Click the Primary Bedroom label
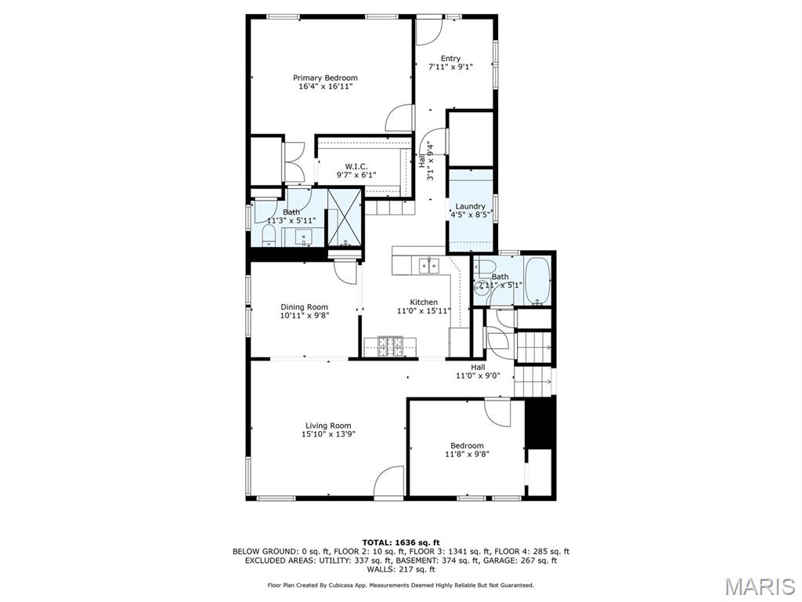[325, 78]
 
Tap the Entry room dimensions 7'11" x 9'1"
[450, 67]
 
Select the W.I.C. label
[356, 166]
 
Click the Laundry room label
[470, 206]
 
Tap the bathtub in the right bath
[537, 281]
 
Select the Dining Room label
[305, 307]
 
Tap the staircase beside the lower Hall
[533, 364]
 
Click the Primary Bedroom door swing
[399, 118]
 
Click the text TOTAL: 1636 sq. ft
[400, 542]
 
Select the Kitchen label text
[424, 302]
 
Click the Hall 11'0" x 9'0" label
[478, 372]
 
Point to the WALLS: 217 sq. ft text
[400, 569]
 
